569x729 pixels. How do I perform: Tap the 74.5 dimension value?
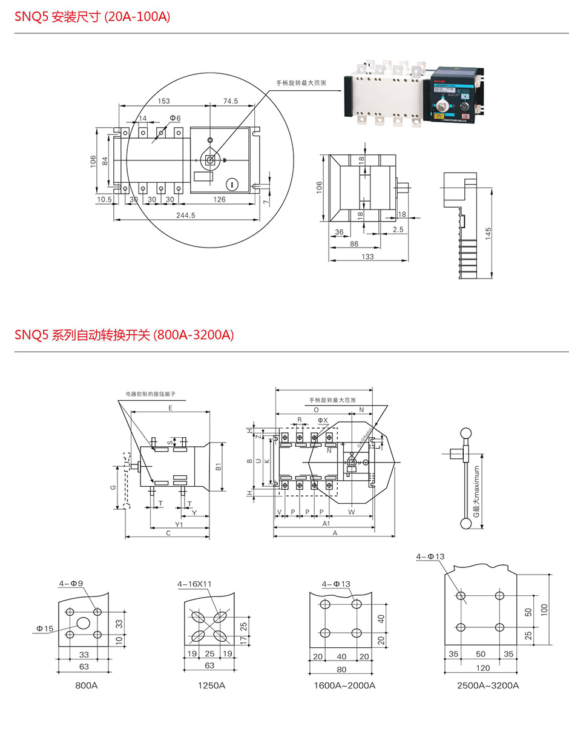[x=230, y=101]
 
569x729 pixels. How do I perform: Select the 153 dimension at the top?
[x=163, y=101]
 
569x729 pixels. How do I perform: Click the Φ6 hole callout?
[x=176, y=117]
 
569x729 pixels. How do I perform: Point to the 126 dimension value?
[x=219, y=199]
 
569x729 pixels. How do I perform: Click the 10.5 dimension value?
[x=104, y=199]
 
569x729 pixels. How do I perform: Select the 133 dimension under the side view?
[x=367, y=256]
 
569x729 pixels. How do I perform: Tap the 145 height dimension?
[x=487, y=234]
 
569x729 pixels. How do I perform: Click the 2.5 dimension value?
[x=398, y=230]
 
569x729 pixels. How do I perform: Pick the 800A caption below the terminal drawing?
[x=85, y=686]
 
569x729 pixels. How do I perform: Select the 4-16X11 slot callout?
[x=194, y=584]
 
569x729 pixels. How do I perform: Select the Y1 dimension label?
[x=179, y=524]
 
